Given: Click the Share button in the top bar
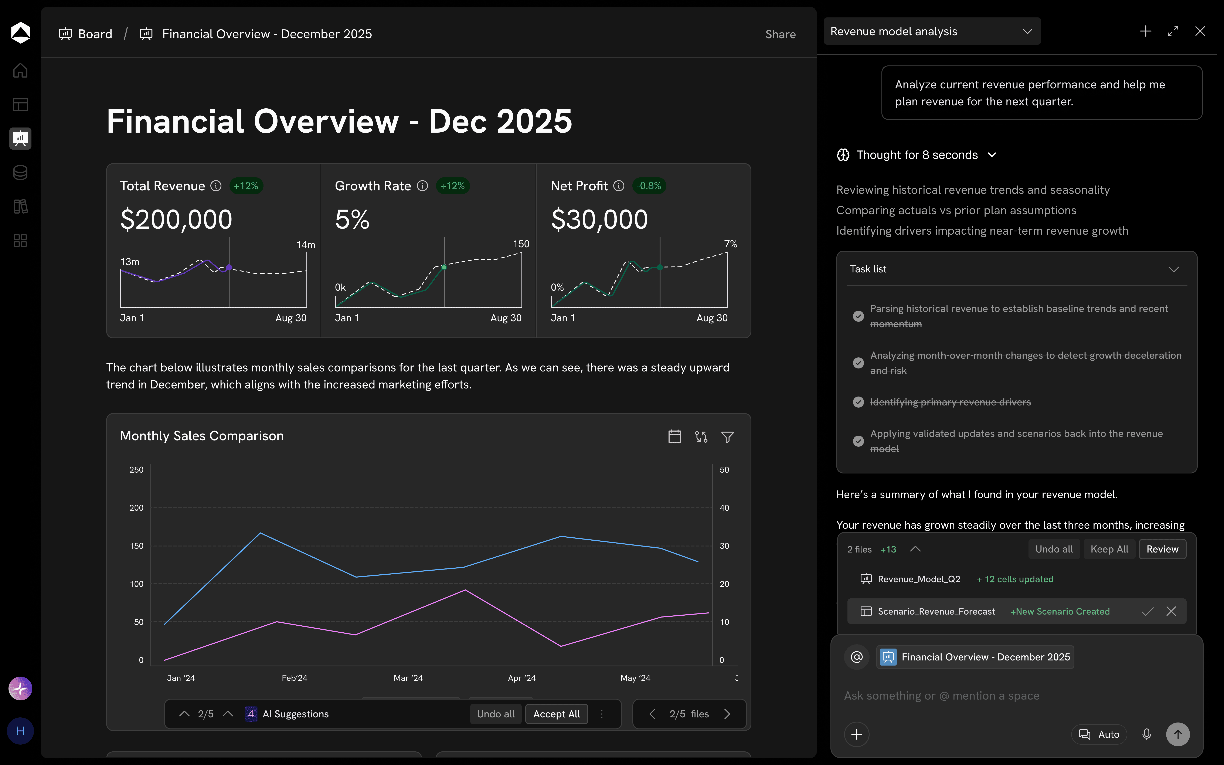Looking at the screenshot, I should point(780,34).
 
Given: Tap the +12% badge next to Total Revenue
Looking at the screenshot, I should point(246,186).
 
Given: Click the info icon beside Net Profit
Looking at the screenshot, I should point(619,186).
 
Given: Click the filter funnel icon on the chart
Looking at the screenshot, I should point(727,437).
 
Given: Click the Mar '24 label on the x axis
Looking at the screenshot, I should point(408,678).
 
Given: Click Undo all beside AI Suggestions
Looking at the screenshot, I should point(495,714).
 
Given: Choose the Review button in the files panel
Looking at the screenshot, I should point(1162,549).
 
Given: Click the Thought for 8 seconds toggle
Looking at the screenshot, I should point(917,155).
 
